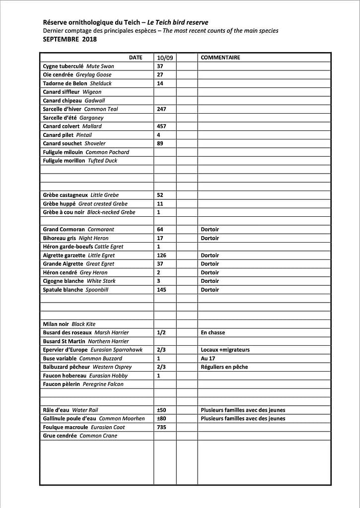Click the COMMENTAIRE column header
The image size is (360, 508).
220,58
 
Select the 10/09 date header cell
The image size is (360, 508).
164,58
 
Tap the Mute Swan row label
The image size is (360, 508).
78,66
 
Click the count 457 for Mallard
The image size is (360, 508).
161,127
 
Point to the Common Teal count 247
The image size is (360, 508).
161,109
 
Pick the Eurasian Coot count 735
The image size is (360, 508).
161,427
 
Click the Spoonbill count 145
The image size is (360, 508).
161,290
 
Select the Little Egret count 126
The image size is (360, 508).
161,255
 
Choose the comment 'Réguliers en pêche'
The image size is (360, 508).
224,367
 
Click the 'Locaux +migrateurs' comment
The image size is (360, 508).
225,350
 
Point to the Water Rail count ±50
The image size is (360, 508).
161,410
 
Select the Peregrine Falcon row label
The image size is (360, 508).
83,384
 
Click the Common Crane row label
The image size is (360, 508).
80,436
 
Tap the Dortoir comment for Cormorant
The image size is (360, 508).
210,230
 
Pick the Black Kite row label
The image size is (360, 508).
69,324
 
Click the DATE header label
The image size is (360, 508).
136,58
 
